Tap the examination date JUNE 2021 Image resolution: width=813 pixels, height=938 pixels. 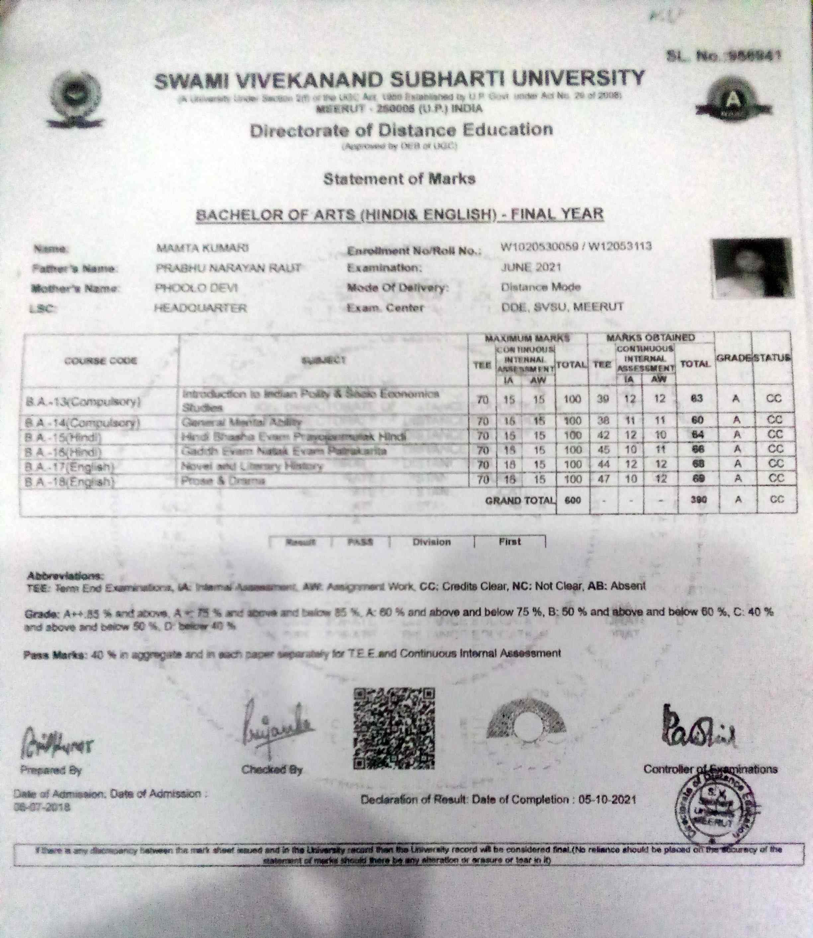click(x=531, y=267)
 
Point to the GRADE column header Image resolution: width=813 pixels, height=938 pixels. click(x=734, y=359)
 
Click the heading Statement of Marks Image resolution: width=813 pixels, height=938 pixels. click(x=399, y=179)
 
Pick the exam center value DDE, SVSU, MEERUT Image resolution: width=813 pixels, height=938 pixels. click(x=562, y=307)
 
